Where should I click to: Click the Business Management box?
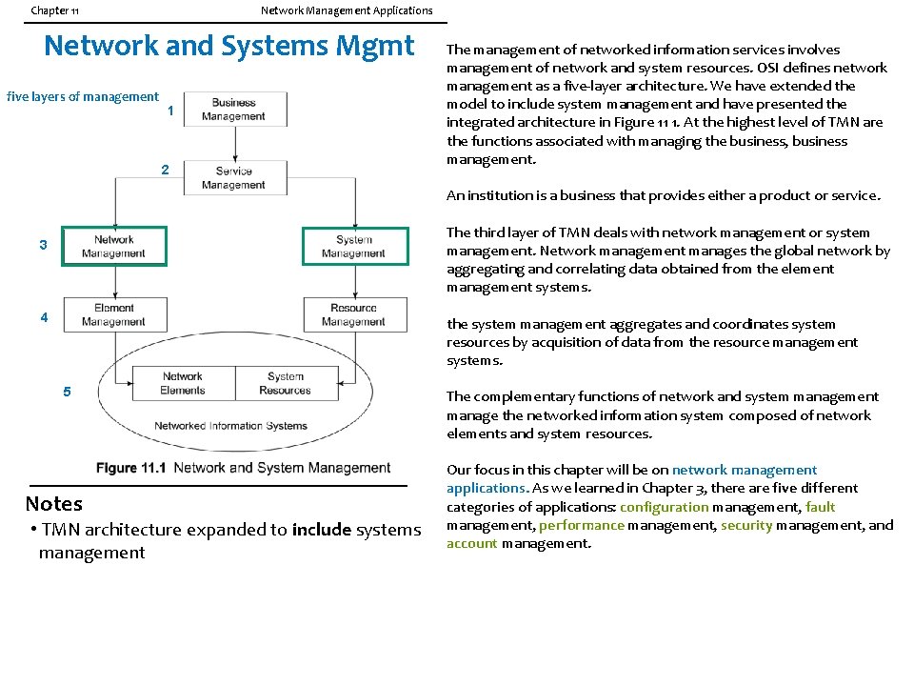(x=233, y=110)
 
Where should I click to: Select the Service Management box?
(x=233, y=178)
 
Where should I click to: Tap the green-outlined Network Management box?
(x=114, y=247)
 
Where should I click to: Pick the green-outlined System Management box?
(x=354, y=247)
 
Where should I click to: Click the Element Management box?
(x=114, y=315)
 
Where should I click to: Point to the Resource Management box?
(x=354, y=315)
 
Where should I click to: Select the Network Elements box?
(x=183, y=383)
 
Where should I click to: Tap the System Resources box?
(x=285, y=383)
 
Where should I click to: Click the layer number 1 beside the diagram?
(x=169, y=111)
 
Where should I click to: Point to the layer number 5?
(x=67, y=392)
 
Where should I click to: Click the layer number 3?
(x=43, y=246)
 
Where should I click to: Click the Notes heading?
(x=54, y=504)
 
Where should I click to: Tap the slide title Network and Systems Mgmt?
(x=229, y=46)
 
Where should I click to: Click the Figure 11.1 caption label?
(x=130, y=468)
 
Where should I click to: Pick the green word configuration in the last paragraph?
(x=664, y=507)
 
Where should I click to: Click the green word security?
(x=746, y=525)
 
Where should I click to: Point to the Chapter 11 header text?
(x=55, y=10)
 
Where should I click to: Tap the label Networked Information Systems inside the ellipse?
(x=230, y=426)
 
